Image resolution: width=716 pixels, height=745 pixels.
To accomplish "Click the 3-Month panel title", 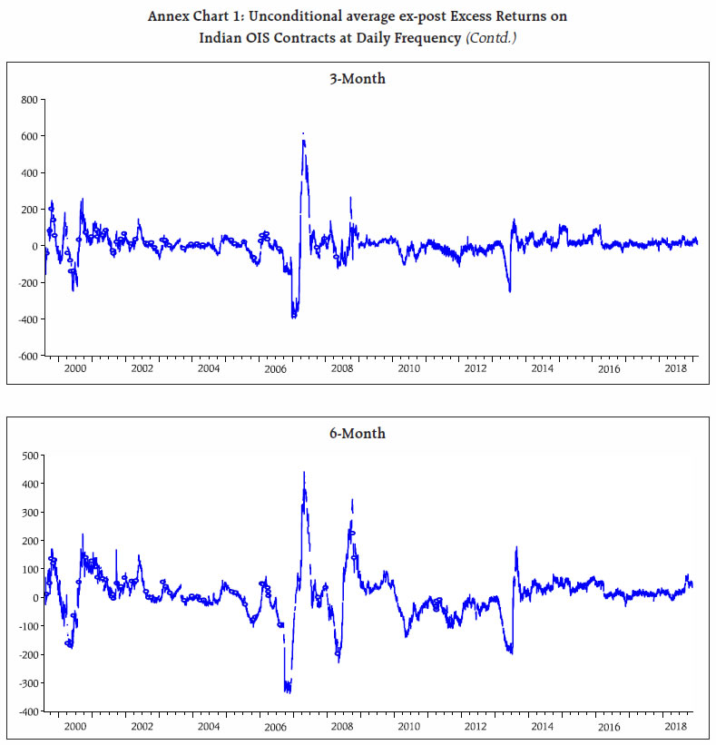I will [357, 79].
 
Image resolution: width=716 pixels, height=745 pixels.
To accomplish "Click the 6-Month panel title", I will [357, 434].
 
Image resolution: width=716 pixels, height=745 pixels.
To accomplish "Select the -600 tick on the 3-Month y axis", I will [29, 357].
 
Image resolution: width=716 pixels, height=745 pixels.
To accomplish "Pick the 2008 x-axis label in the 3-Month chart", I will [342, 370].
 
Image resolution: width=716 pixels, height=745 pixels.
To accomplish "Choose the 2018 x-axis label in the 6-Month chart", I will [675, 726].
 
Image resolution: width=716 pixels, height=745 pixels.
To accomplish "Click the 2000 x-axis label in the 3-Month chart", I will [75, 370].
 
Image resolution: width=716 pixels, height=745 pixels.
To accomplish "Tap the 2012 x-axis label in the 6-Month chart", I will [476, 726].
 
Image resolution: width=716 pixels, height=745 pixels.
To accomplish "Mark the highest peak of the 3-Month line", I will [303, 134].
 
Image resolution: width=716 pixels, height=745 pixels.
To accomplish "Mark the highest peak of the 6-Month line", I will [304, 472].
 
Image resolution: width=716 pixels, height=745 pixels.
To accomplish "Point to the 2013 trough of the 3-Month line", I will [509, 290].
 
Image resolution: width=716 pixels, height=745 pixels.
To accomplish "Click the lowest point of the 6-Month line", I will [288, 691].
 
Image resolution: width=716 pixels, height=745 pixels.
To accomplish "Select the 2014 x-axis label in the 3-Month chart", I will [543, 370].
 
